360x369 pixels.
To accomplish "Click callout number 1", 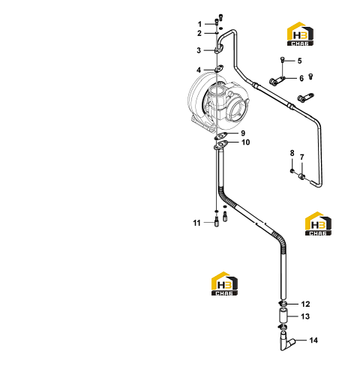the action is click(x=199, y=24).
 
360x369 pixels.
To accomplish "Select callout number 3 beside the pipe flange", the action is click(x=199, y=50).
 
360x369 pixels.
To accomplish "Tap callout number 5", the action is click(x=299, y=61).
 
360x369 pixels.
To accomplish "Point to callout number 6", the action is click(x=301, y=78).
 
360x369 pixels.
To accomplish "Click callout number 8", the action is click(x=292, y=153).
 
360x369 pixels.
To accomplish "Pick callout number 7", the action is click(x=302, y=157).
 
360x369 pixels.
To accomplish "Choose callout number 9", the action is click(x=243, y=133).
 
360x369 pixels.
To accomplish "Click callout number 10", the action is click(x=246, y=142).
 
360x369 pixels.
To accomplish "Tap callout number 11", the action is click(x=196, y=223).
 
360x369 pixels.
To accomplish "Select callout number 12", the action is click(x=305, y=304).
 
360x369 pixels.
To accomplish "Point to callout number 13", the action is click(x=305, y=316).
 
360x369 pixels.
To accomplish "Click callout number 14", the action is click(x=313, y=340).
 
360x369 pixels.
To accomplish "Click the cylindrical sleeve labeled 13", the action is click(x=283, y=316).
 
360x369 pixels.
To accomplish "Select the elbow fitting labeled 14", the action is click(x=286, y=341).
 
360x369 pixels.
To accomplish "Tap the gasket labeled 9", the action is click(x=222, y=136).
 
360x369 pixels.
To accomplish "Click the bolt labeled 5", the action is click(x=282, y=60).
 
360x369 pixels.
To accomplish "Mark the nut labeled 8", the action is click(x=292, y=171).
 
